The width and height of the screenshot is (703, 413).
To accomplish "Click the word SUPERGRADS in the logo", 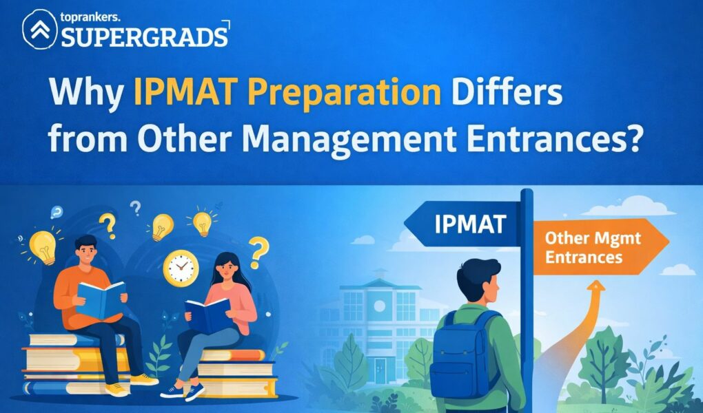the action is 144,37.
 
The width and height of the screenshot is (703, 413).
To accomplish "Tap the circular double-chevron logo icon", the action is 40,29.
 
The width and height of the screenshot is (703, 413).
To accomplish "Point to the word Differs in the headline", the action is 507,92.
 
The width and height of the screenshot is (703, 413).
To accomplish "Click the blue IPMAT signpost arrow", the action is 463,224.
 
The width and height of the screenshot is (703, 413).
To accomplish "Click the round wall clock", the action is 181,268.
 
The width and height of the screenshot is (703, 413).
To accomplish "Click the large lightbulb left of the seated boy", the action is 43,247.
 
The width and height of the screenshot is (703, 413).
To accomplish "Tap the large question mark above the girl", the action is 258,252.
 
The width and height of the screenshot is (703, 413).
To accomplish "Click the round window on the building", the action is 379,306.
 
